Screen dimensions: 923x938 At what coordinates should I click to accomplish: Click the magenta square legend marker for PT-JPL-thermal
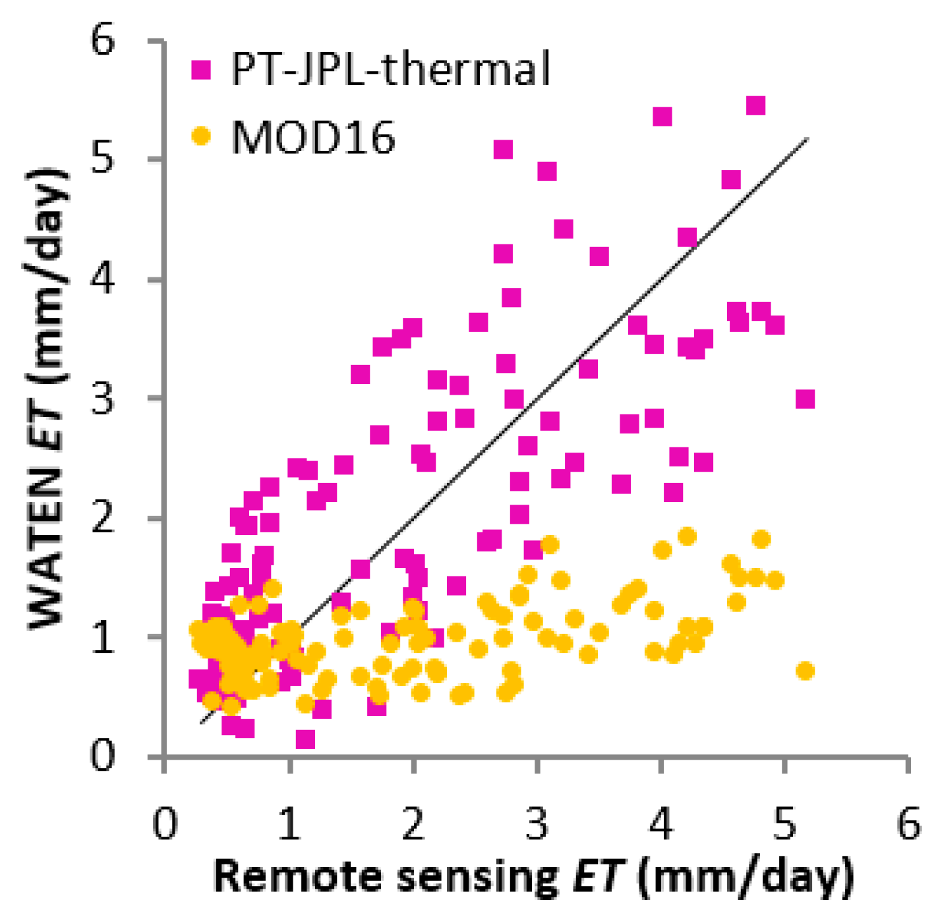(201, 69)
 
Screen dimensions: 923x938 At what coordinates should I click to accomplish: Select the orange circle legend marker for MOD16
(201, 136)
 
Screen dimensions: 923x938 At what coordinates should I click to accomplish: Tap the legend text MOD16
(313, 137)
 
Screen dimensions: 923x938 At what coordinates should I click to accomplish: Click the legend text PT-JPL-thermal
(390, 69)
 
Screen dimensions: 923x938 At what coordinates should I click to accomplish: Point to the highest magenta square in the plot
(755, 105)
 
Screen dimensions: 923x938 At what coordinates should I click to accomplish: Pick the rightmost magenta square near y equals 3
(805, 399)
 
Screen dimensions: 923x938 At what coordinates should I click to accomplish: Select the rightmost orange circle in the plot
(805, 671)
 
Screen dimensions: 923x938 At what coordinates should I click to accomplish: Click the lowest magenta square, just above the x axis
(305, 740)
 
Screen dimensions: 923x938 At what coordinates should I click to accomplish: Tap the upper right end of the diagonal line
(807, 139)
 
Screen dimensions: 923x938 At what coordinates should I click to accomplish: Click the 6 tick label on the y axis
(103, 41)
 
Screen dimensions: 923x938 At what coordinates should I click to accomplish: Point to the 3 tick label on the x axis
(537, 824)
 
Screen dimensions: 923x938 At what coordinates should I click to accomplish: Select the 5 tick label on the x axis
(785, 824)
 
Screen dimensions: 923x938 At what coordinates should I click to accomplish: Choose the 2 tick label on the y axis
(103, 518)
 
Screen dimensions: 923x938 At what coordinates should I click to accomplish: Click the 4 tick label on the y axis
(103, 279)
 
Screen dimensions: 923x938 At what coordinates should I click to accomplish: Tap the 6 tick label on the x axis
(909, 824)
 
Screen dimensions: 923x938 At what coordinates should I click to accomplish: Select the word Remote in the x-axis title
(300, 877)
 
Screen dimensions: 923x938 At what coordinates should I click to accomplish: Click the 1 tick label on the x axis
(289, 824)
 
